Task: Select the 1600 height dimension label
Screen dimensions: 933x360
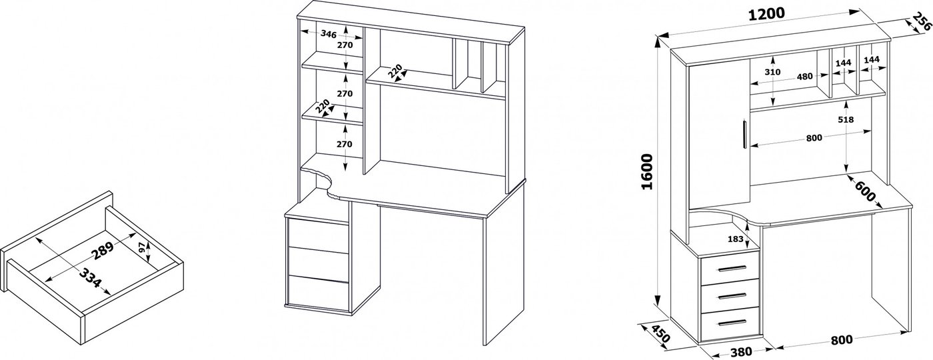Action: pyautogui.click(x=646, y=171)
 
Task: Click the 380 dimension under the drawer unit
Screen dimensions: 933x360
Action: pyautogui.click(x=741, y=352)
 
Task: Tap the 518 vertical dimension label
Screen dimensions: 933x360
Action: pyautogui.click(x=846, y=119)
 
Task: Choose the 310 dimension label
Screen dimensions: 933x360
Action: pyautogui.click(x=772, y=72)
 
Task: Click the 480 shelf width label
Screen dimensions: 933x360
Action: pyautogui.click(x=804, y=77)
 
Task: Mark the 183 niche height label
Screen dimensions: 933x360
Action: pyautogui.click(x=735, y=239)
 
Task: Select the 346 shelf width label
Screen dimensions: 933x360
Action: pyautogui.click(x=328, y=34)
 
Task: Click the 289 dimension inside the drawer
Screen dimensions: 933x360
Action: pyautogui.click(x=103, y=251)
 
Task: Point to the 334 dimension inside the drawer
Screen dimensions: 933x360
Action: pyautogui.click(x=90, y=279)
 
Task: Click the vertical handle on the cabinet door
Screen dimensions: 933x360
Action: pyautogui.click(x=744, y=133)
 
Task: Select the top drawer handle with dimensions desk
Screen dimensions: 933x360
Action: pyautogui.click(x=732, y=269)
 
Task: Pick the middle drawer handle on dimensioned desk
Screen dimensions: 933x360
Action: pyautogui.click(x=732, y=296)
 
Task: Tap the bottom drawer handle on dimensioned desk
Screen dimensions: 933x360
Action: pyautogui.click(x=732, y=323)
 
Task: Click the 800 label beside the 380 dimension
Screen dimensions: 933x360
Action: pyautogui.click(x=841, y=340)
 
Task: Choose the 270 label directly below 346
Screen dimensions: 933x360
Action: pyautogui.click(x=345, y=45)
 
